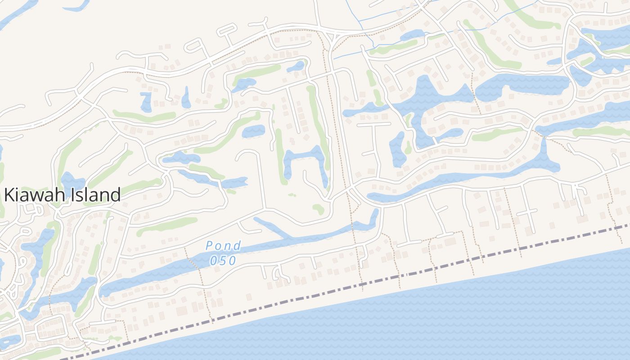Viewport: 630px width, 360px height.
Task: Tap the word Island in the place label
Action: pyautogui.click(x=94, y=195)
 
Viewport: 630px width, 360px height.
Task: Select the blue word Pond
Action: pyautogui.click(x=223, y=246)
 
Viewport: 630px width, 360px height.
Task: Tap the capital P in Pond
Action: pyautogui.click(x=209, y=246)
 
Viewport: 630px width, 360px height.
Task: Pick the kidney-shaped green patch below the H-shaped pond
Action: pyautogui.click(x=319, y=209)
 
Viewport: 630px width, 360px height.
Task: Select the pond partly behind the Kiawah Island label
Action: pyautogui.click(x=72, y=182)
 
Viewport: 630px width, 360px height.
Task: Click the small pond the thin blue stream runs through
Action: pyautogui.click(x=412, y=35)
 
